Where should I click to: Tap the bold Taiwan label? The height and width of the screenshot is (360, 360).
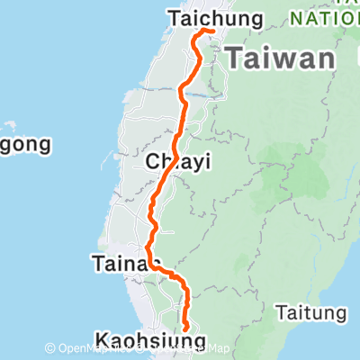280,59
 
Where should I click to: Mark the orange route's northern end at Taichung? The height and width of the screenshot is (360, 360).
211,31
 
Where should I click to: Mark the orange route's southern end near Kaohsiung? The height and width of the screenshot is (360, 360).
186,329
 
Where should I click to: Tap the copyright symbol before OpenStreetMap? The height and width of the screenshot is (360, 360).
50,348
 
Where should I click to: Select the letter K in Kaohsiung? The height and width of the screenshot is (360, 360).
102,339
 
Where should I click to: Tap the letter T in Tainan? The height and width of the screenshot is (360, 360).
96,264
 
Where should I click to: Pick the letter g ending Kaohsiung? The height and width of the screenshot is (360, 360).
199,342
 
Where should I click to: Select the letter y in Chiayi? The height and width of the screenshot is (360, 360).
194,163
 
